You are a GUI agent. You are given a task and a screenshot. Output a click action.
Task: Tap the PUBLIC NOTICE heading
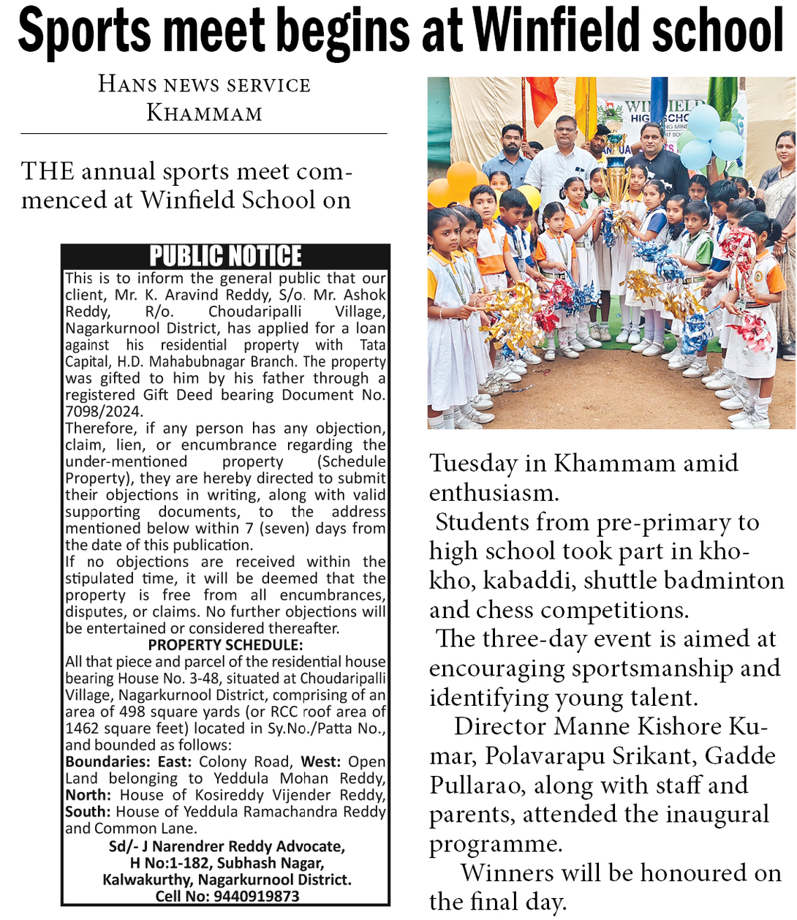coord(225,256)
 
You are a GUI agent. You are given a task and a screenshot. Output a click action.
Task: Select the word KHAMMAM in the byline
coord(204,113)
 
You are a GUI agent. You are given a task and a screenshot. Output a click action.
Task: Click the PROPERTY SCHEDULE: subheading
coord(225,645)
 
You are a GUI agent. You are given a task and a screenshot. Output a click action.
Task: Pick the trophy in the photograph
coord(616,176)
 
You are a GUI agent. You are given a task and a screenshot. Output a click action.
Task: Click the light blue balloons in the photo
coord(708,135)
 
